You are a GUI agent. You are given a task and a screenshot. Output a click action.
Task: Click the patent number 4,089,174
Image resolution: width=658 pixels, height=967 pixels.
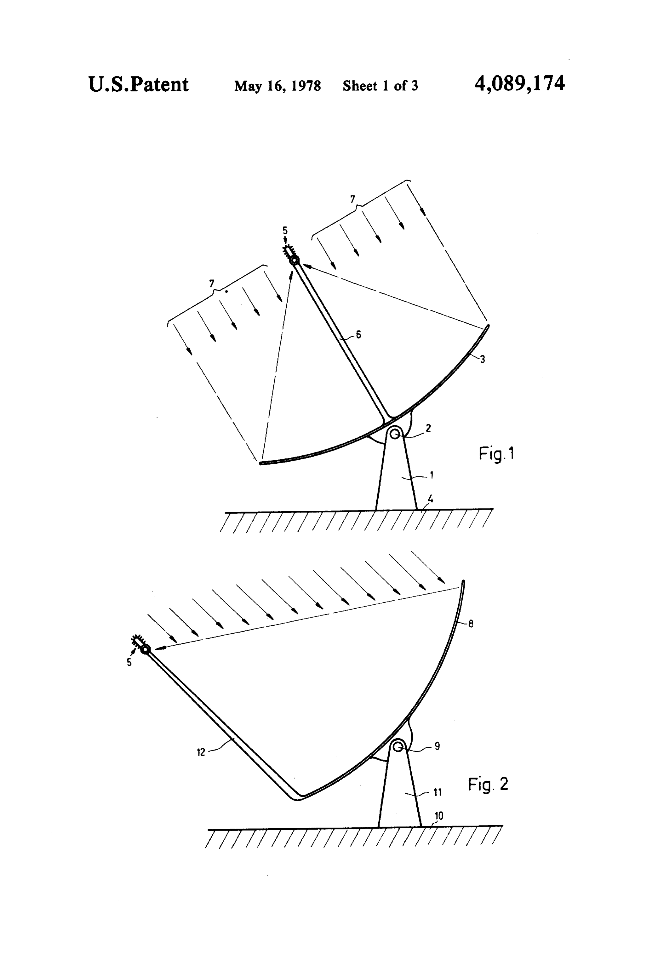(520, 84)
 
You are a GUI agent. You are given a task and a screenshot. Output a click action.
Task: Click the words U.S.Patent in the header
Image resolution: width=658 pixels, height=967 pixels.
(138, 85)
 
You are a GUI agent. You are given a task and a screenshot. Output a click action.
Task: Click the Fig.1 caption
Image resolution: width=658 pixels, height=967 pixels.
(497, 453)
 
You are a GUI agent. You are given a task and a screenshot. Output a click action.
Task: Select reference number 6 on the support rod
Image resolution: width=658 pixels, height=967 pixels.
(358, 334)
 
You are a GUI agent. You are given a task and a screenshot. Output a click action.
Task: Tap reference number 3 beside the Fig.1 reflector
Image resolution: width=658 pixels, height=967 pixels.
(482, 359)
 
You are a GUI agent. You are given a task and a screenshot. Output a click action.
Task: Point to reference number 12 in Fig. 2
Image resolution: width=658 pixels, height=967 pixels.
(201, 752)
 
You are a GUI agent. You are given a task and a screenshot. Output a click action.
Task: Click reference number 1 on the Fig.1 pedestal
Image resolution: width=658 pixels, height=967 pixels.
(431, 475)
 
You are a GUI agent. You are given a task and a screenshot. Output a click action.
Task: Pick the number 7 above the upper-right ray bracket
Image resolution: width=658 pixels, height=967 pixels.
(353, 199)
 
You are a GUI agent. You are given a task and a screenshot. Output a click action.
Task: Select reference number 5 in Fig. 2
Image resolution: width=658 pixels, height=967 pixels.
(129, 662)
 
